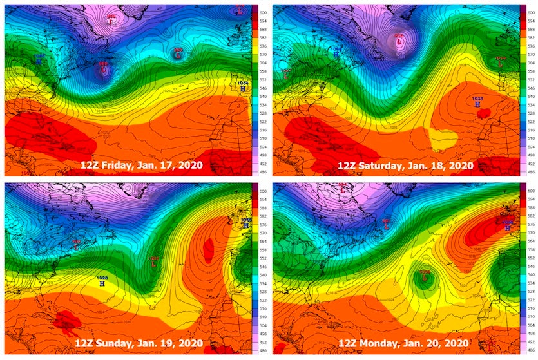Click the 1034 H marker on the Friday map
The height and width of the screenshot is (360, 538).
(x=243, y=87)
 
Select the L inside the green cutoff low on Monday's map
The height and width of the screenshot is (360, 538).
(x=425, y=278)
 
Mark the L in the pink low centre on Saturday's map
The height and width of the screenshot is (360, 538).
(x=399, y=43)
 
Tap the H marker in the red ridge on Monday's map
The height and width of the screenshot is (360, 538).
(x=508, y=227)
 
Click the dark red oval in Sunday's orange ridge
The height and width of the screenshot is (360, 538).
(x=207, y=248)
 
